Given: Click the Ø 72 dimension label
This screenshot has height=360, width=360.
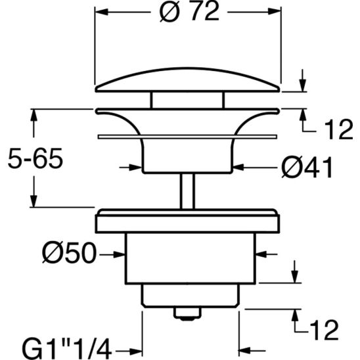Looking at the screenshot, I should point(189,13).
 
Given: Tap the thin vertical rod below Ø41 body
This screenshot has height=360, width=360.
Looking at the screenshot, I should point(189,191).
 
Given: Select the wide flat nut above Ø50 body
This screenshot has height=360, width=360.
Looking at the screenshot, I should point(189,221).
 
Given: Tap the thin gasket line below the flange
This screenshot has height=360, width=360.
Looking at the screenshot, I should point(189,137).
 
